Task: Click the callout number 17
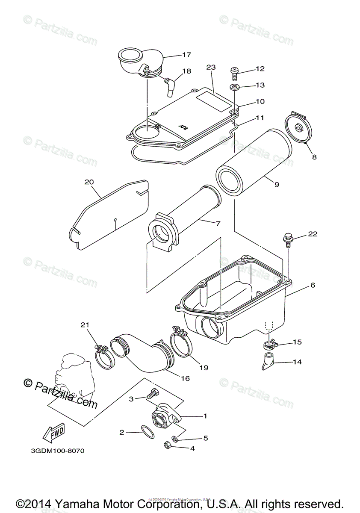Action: (x=186, y=55)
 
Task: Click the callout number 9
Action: (x=277, y=185)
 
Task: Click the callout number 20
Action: (x=89, y=182)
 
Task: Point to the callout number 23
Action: (x=211, y=67)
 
